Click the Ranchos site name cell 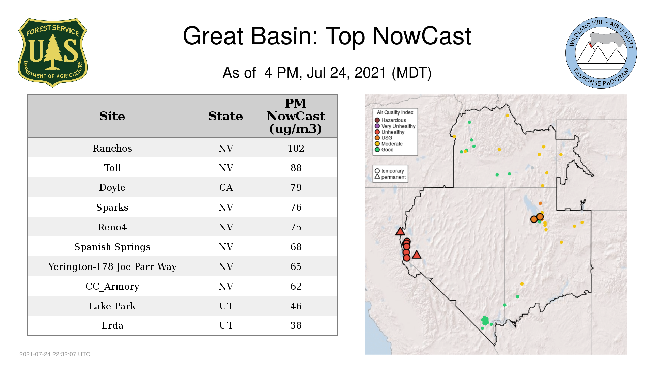[112, 148]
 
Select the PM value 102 [296, 148]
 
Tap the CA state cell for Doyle [226, 187]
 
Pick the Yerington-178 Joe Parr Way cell [112, 266]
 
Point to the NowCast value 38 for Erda [296, 325]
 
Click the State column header [225, 116]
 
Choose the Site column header [112, 116]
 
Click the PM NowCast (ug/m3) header [296, 116]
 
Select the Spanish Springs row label [112, 247]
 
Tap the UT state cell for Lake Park [226, 306]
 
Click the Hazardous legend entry [390, 120]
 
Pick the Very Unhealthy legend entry [395, 126]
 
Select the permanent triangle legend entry [390, 177]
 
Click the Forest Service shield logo [52, 53]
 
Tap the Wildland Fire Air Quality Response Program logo [601, 53]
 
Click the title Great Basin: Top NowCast [327, 36]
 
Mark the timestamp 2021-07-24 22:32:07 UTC [55, 354]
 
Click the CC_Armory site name [112, 286]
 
